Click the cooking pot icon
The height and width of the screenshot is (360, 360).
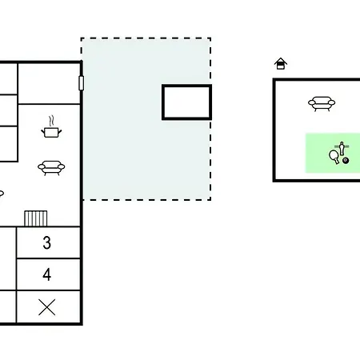[x=51, y=132]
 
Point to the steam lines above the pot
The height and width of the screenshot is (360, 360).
[x=52, y=121]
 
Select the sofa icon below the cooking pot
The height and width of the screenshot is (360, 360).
[x=51, y=167]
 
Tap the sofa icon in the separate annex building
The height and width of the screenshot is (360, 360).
[x=322, y=103]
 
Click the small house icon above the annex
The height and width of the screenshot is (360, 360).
[x=281, y=64]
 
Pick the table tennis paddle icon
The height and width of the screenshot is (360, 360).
[x=334, y=157]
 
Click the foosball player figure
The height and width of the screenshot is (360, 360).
[x=342, y=148]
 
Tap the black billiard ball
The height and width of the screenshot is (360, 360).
[x=346, y=161]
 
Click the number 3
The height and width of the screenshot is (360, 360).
[x=47, y=242]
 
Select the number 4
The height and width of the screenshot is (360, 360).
[x=47, y=274]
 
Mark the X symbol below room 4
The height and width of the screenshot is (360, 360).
[x=47, y=307]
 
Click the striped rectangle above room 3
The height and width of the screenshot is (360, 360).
[x=36, y=218]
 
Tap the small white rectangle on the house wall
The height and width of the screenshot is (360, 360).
[x=82, y=83]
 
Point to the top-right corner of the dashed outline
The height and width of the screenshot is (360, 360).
[x=210, y=38]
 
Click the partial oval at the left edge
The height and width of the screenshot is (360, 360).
[x=2, y=194]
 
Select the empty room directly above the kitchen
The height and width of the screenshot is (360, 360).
[x=49, y=83]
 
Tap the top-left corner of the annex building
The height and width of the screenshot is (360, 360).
[x=274, y=79]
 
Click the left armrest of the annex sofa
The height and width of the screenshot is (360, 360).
[x=312, y=102]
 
